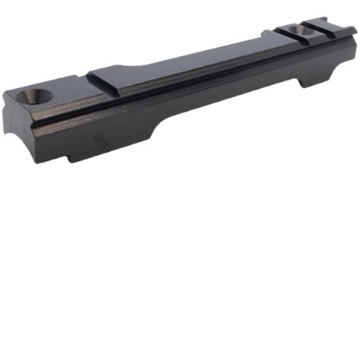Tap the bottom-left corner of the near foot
pos(70,161)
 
